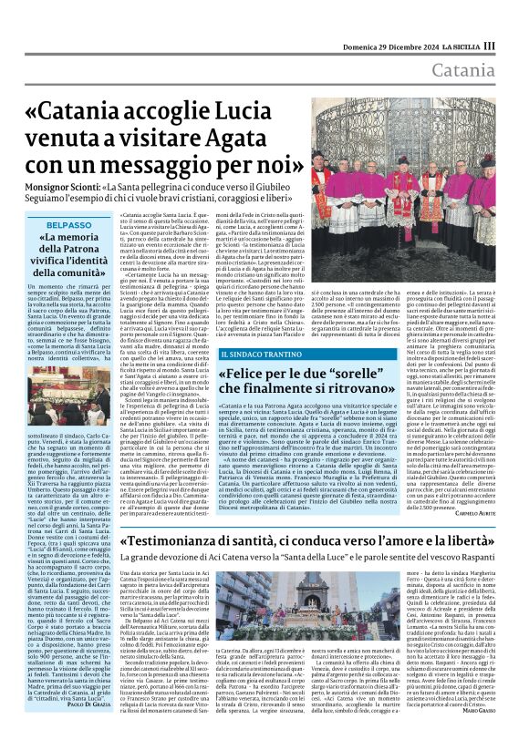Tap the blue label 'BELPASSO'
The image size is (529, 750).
tap(68, 224)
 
